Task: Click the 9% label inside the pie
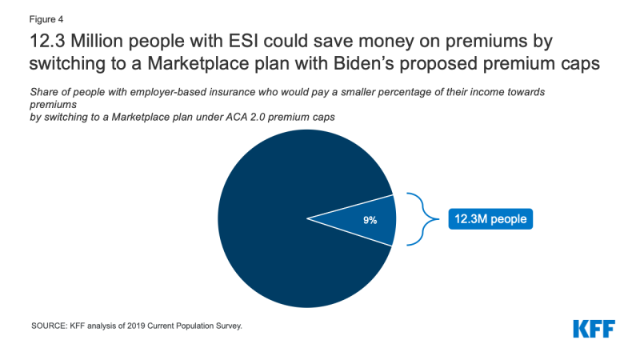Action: (x=370, y=218)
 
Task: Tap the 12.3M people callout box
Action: (x=490, y=218)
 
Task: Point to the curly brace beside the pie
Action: (x=418, y=218)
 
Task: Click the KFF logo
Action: (x=593, y=329)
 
